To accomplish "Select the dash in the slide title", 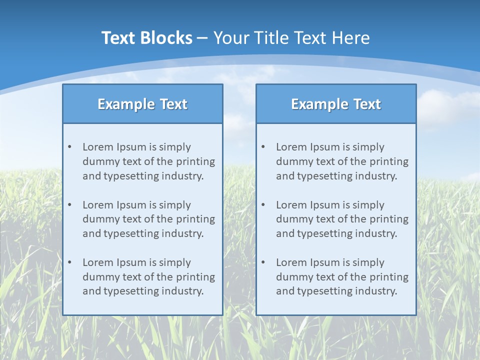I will click(x=202, y=38).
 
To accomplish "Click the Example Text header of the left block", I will click(x=142, y=104).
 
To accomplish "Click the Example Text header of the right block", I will click(x=336, y=104).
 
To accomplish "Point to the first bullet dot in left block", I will click(x=70, y=147).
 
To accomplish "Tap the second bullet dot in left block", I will click(x=70, y=205).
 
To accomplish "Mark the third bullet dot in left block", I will click(x=70, y=262).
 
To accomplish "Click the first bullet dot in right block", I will click(x=263, y=147).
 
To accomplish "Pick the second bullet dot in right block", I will click(x=263, y=205).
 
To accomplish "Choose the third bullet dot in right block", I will click(x=263, y=262).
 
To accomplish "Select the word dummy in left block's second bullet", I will click(x=99, y=219).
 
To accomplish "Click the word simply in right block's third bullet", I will click(x=368, y=262).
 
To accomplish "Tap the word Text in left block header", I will click(x=173, y=104).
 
